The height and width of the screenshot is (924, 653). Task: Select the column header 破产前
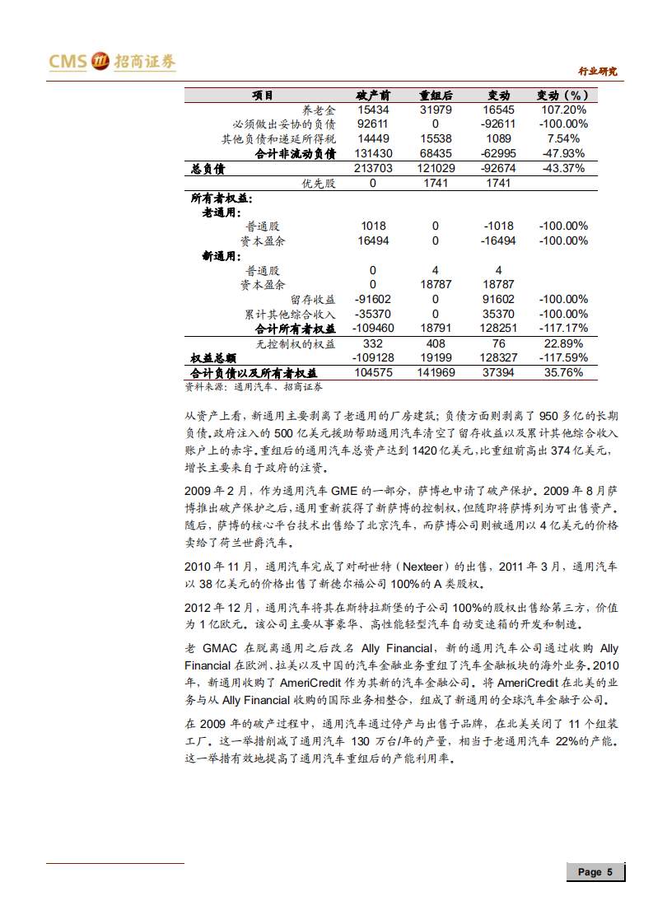pos(373,96)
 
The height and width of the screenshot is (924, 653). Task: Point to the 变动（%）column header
pos(563,96)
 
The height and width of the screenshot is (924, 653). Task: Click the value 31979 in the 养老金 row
pos(435,110)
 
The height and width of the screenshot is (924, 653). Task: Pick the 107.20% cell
pos(563,110)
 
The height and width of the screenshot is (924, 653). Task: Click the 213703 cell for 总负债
pos(373,169)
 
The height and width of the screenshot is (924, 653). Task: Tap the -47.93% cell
pos(563,153)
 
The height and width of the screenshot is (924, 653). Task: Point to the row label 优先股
pos(319,183)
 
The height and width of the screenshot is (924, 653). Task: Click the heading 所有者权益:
pos(222,198)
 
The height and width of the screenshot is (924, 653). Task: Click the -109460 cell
pos(373,328)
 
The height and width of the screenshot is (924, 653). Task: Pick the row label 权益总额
pos(213,358)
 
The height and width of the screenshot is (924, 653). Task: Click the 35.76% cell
pos(563,372)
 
